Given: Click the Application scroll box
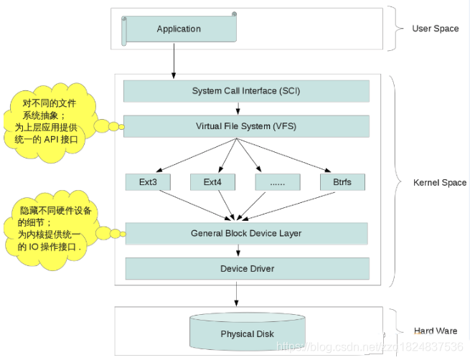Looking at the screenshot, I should pos(179,29).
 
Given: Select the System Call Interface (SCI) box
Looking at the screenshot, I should pos(246,91).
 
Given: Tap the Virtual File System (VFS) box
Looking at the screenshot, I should pos(246,126).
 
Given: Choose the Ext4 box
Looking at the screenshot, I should pos(212,182).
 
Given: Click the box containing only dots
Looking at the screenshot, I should pos(278,182).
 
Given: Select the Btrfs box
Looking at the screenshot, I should pos(342,182).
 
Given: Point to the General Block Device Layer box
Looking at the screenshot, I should pos(246,233).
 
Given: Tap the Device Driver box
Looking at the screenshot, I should pos(246,269).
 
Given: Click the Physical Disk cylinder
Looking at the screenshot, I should pos(246,333).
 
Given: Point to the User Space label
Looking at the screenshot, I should pos(435,29).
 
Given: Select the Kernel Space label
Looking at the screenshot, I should pos(440,183).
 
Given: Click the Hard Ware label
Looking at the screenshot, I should pos(436,331).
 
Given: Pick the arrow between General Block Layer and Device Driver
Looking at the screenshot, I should pos(238,251).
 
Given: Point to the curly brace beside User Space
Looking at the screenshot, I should pos(393,29).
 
